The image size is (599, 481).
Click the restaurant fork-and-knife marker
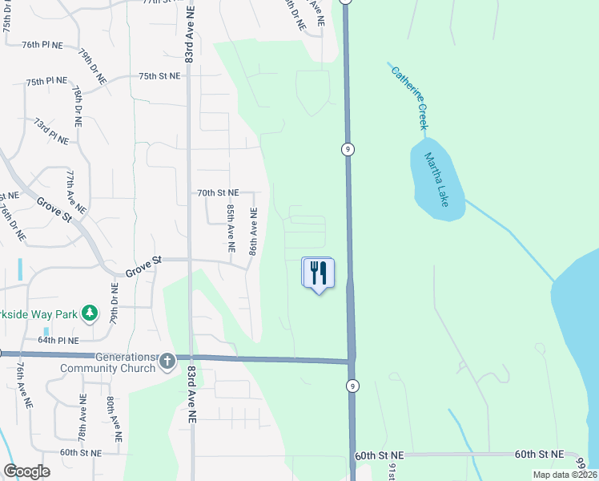point(318,273)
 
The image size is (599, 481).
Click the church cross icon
point(167,362)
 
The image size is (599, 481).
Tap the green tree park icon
point(90,313)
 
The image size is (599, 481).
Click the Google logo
point(26,471)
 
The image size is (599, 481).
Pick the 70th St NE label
point(218,192)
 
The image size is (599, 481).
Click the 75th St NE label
point(159,75)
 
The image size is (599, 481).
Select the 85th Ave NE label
point(231,228)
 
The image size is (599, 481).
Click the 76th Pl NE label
point(42,45)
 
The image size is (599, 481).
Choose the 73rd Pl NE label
point(51,130)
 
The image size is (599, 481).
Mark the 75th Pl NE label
point(46,82)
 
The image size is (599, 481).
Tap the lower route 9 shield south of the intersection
point(352,386)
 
